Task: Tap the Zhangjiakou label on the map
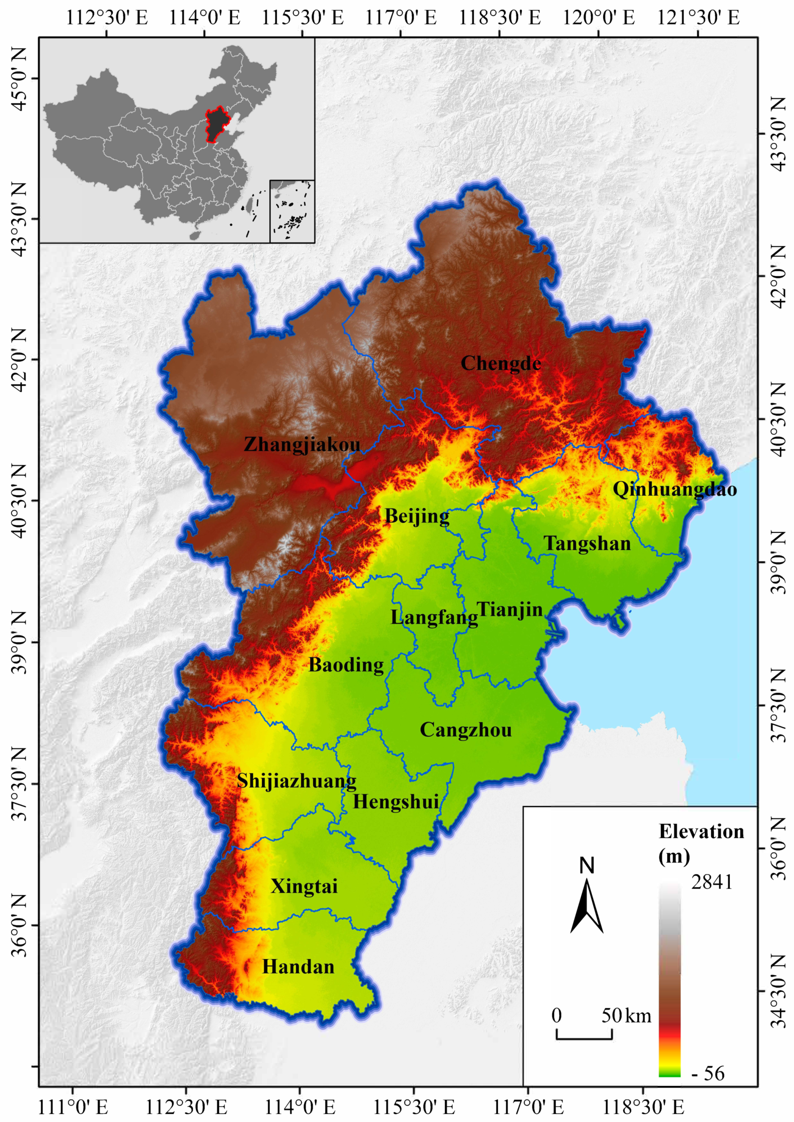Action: click(302, 444)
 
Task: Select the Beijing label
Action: click(417, 516)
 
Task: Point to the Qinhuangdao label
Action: click(675, 489)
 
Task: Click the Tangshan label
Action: click(587, 544)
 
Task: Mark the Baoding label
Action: click(346, 665)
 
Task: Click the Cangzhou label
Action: click(466, 730)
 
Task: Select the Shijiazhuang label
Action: click(296, 781)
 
